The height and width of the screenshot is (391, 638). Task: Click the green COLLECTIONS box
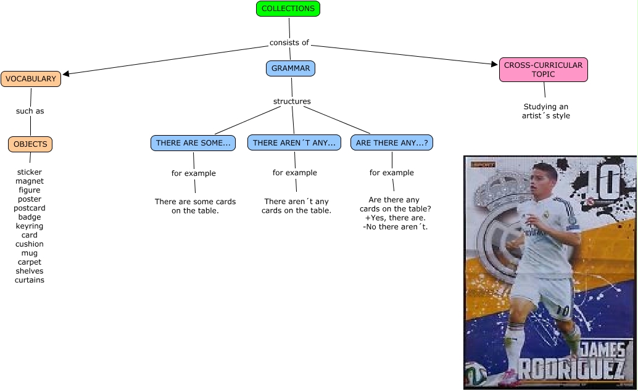(x=288, y=9)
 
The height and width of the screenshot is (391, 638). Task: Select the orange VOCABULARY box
(x=31, y=79)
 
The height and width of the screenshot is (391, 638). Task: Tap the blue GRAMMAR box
(x=291, y=68)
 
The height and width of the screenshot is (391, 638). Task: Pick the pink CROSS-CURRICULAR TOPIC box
(x=543, y=70)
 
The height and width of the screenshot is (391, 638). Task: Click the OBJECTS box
(x=30, y=144)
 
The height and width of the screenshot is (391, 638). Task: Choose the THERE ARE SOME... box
(x=194, y=143)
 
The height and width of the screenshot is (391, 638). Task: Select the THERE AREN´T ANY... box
(x=294, y=143)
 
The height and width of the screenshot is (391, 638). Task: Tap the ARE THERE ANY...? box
(x=392, y=143)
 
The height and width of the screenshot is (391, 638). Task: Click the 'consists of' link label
(x=289, y=43)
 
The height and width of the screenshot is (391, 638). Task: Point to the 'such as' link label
(x=30, y=112)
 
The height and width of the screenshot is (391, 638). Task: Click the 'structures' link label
(x=292, y=101)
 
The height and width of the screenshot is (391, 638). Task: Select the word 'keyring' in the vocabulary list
(x=30, y=226)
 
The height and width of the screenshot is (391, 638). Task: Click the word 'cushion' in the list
(x=30, y=244)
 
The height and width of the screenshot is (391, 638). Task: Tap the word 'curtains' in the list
(x=30, y=280)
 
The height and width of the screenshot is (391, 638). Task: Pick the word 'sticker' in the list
(x=30, y=172)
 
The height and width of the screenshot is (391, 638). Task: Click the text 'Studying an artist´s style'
(x=545, y=111)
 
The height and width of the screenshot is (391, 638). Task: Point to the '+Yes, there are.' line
(x=395, y=218)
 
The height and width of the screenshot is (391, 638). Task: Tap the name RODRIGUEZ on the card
(x=570, y=369)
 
